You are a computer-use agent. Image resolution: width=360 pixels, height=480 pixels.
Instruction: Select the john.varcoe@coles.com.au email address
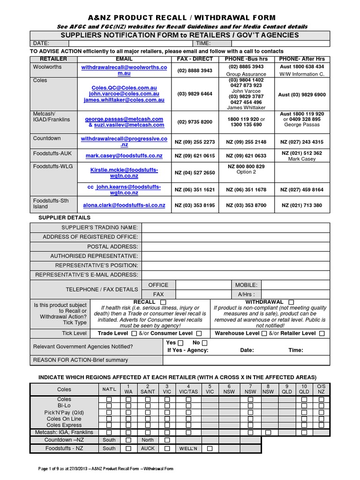[x=124, y=94]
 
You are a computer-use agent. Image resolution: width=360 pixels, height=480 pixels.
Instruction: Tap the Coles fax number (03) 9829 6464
[x=195, y=94]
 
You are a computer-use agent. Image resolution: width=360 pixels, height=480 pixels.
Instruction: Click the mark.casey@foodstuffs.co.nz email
[x=124, y=156]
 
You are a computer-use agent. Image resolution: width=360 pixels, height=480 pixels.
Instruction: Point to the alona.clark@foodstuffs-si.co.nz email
[x=124, y=205]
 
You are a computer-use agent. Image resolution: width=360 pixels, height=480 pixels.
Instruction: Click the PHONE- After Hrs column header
[x=301, y=59]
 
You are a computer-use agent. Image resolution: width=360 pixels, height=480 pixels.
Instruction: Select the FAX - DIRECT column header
[x=195, y=59]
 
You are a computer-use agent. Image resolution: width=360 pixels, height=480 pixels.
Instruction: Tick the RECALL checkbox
[x=163, y=302]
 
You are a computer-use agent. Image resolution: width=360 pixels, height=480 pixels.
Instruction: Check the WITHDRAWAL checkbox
[x=291, y=302]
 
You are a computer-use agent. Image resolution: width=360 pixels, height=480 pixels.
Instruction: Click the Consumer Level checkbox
[x=199, y=333]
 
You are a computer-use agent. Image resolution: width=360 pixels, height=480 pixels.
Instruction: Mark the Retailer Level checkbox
[x=322, y=333]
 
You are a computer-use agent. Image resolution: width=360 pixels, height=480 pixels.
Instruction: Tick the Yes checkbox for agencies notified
[x=180, y=343]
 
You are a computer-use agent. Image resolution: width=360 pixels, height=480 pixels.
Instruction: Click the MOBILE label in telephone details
[x=246, y=285]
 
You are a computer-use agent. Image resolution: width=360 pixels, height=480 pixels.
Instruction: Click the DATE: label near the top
[x=39, y=43]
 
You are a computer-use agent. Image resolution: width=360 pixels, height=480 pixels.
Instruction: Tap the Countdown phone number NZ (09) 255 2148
[x=246, y=142]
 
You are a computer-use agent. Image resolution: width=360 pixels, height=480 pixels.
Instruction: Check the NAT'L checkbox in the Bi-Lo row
[x=109, y=405]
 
